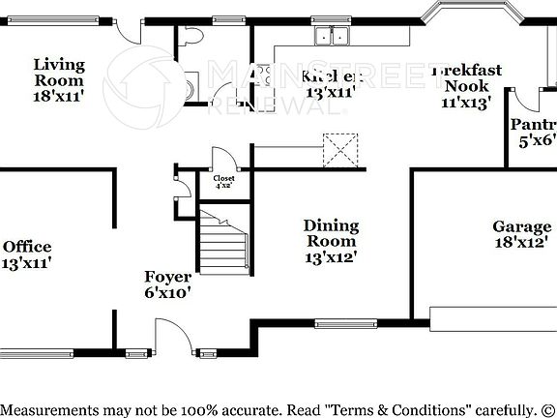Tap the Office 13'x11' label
(26, 254)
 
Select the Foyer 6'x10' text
(167, 284)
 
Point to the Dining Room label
(332, 241)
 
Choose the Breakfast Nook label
(467, 85)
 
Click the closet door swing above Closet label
(221, 159)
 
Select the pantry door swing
(525, 99)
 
